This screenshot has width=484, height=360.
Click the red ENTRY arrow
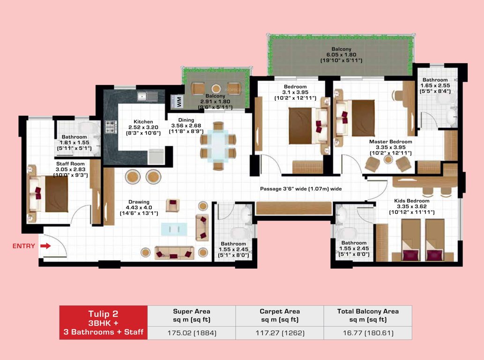point(45,246)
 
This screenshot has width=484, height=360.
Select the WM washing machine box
point(178,101)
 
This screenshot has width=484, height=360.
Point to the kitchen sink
point(148,97)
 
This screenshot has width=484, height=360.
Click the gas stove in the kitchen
point(111,127)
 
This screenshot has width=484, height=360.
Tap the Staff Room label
point(68,164)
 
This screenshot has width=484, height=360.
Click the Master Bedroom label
point(390,142)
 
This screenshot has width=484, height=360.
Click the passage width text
point(301,189)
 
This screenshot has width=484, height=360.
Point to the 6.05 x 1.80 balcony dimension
point(341,55)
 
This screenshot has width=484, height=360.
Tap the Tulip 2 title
point(103,313)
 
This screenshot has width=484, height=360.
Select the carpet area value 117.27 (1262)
point(279,333)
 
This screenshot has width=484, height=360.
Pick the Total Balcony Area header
point(368,311)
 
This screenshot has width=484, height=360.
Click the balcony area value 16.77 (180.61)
point(368,333)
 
